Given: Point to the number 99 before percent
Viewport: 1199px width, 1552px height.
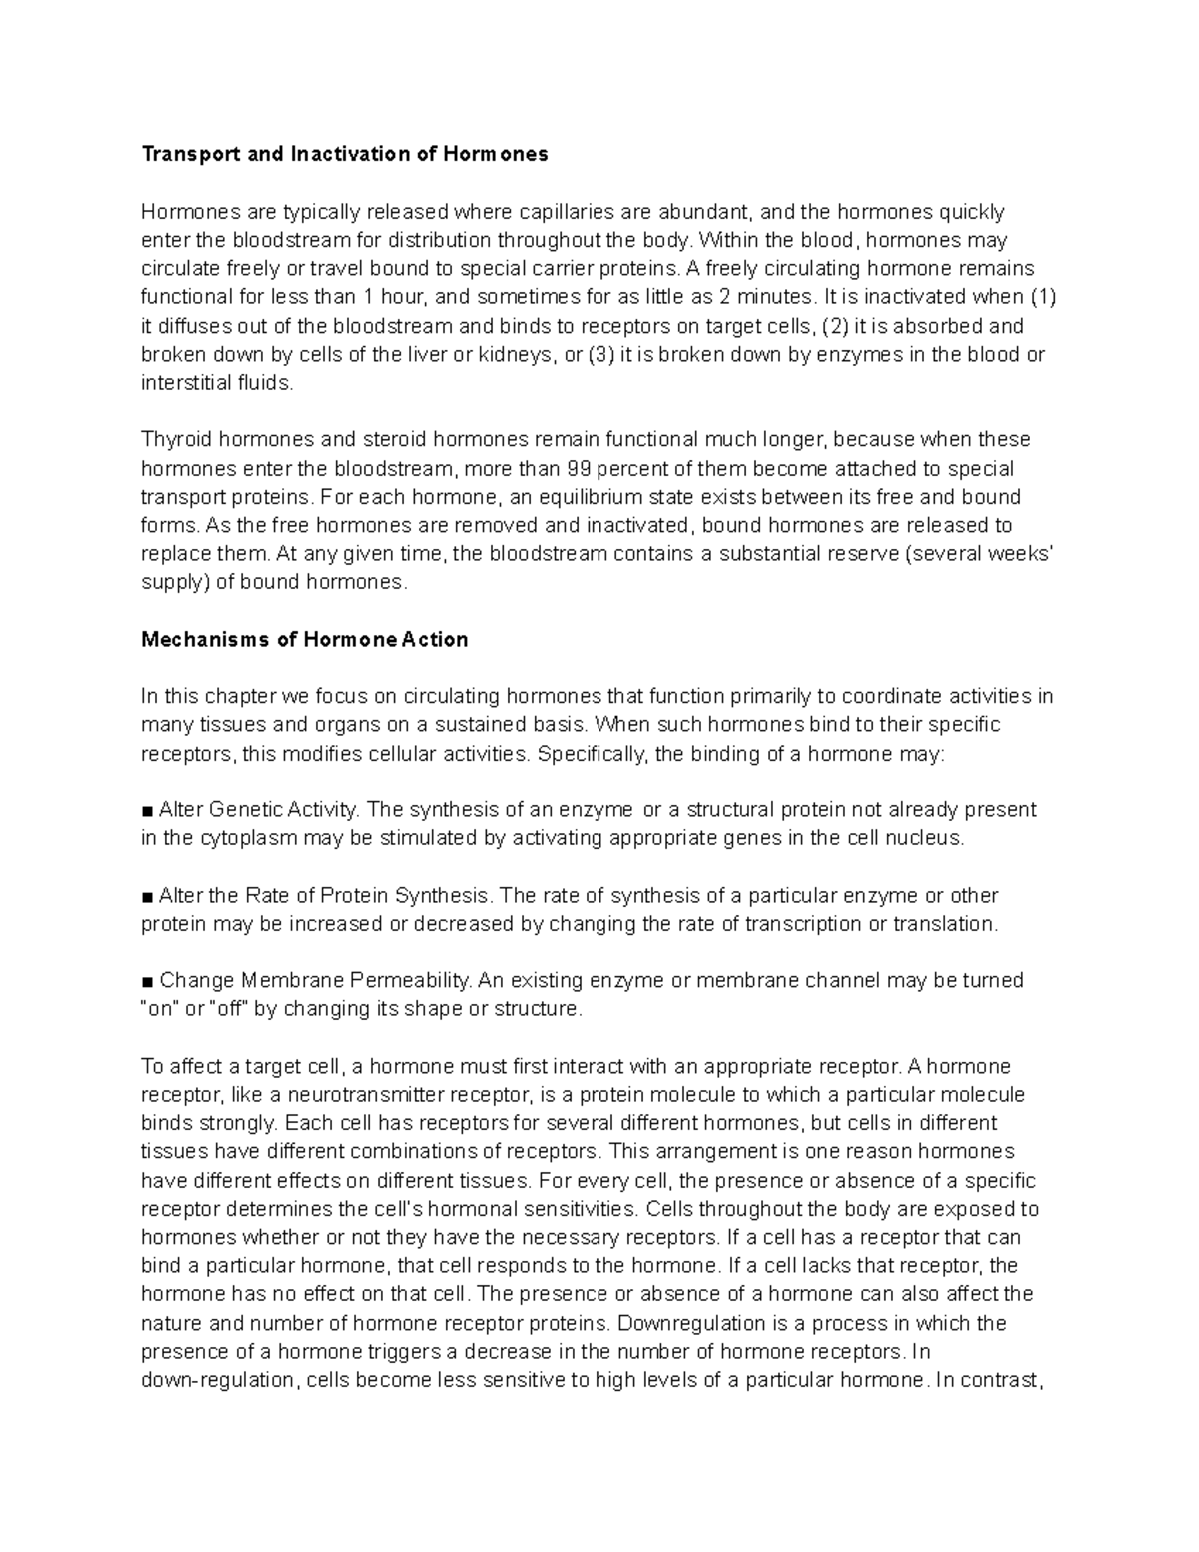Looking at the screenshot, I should point(580,469).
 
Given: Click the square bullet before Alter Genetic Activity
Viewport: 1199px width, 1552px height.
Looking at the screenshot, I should point(148,810).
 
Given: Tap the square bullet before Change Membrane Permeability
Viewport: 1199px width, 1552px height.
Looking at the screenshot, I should point(148,981).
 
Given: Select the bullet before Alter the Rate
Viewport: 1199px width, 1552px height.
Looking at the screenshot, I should point(148,896).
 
